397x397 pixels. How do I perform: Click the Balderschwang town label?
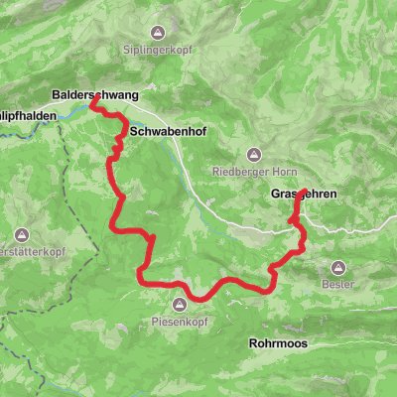pos(95,96)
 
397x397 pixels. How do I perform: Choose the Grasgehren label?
pos(302,195)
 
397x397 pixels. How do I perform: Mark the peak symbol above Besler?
pos(338,267)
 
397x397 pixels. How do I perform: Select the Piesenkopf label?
pos(180,320)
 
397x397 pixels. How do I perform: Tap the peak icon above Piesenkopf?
pos(180,305)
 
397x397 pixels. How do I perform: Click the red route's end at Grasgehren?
pos(297,196)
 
